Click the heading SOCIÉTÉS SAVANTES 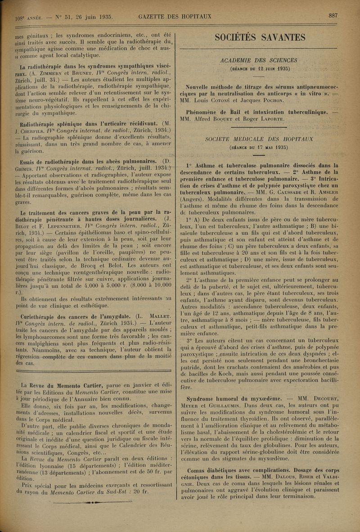(261, 38)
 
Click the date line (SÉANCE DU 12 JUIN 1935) (260, 68)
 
